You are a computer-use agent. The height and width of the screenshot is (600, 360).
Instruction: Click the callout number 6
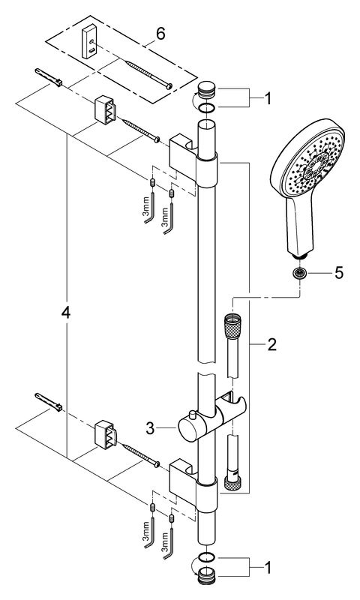(x=160, y=34)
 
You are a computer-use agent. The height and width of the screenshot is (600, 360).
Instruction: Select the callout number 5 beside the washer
(x=339, y=273)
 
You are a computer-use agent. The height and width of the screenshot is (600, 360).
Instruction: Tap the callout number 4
(x=66, y=313)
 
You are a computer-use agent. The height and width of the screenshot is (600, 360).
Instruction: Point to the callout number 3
(x=150, y=428)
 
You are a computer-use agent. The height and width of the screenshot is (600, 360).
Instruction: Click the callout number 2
(x=271, y=345)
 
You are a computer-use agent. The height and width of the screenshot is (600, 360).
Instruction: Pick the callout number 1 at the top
(x=268, y=99)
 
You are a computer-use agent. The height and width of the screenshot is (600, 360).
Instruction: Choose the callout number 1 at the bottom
(x=268, y=568)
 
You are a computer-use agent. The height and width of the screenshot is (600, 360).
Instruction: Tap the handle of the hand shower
(x=301, y=226)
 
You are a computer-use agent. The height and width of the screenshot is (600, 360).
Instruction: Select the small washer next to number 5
(x=299, y=273)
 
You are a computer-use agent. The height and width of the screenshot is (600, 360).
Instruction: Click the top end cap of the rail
(x=206, y=92)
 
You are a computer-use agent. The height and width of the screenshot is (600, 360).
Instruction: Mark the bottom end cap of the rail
(x=206, y=574)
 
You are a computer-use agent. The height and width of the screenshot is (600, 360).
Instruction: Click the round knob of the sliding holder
(x=189, y=428)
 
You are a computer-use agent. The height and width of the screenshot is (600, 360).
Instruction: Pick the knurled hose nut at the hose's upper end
(x=232, y=325)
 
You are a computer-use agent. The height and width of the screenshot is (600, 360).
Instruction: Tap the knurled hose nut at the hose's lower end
(x=232, y=482)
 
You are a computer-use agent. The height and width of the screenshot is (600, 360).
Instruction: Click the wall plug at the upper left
(x=49, y=77)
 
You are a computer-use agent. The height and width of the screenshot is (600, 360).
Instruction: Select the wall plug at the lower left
(x=49, y=402)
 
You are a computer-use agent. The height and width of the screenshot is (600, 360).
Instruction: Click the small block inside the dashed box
(x=90, y=41)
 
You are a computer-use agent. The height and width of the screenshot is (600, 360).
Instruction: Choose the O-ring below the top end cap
(x=206, y=108)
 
